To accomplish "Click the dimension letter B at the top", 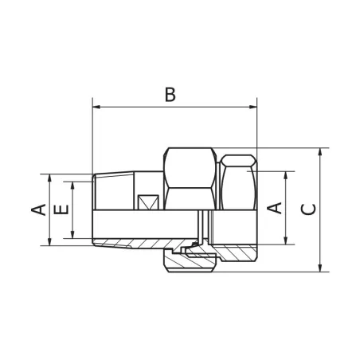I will click(x=169, y=94).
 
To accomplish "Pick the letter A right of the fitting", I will click(x=274, y=207).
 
